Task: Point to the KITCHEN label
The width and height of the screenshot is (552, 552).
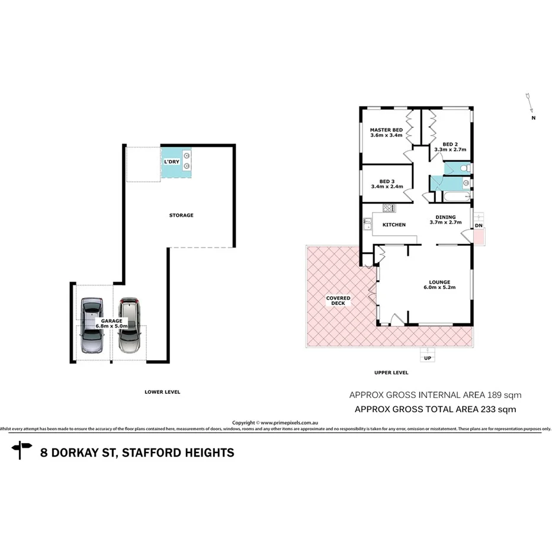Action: tap(394, 225)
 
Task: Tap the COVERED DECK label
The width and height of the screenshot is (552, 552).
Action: tap(338, 301)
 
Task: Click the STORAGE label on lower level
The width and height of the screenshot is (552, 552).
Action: tap(181, 216)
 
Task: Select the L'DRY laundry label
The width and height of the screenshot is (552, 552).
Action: tap(172, 162)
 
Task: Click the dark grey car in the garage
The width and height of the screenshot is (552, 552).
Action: tap(92, 326)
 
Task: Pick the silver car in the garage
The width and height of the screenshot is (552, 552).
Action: tap(129, 326)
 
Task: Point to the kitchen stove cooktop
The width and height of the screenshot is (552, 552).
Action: tap(389, 208)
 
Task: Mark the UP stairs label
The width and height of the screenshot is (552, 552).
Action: tap(426, 359)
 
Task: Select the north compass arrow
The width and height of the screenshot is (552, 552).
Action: tap(530, 104)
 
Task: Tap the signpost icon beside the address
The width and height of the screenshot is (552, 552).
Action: tap(22, 451)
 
